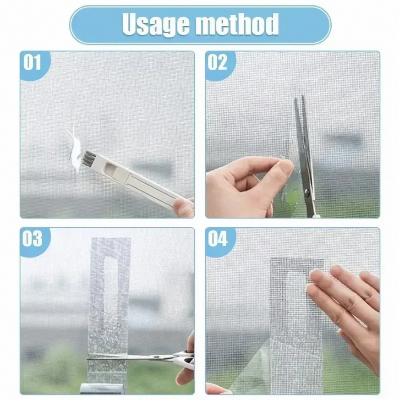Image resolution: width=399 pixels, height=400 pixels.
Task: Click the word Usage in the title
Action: [x=159, y=24]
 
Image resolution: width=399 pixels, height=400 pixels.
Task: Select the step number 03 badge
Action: [x=34, y=241]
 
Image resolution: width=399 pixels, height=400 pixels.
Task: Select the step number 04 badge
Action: [x=218, y=241]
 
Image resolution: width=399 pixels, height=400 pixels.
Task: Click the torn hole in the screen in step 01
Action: [x=72, y=150]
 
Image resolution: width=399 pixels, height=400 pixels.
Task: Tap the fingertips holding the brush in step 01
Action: [x=183, y=207]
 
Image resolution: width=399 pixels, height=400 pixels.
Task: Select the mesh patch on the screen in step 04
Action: [x=295, y=320]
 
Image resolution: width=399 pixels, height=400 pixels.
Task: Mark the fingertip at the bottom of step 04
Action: [x=216, y=388]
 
